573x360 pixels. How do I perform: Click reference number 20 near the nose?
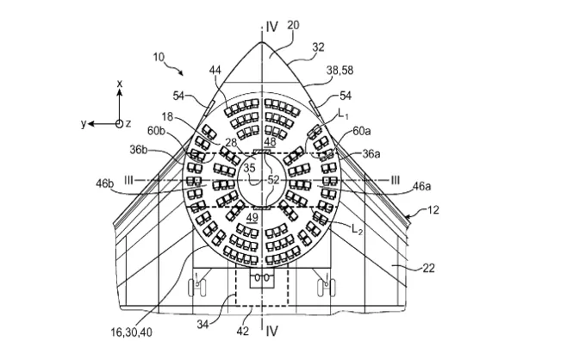[293, 25]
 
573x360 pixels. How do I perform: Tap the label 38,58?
[339, 71]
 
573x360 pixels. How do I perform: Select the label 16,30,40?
[131, 332]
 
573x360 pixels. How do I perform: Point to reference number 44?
[215, 70]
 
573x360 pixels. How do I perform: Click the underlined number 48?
[270, 142]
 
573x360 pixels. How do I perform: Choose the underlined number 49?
[252, 218]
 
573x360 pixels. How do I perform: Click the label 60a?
[361, 131]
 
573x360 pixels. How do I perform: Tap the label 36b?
[138, 150]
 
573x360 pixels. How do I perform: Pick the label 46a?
[421, 186]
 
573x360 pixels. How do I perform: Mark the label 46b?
[105, 183]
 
